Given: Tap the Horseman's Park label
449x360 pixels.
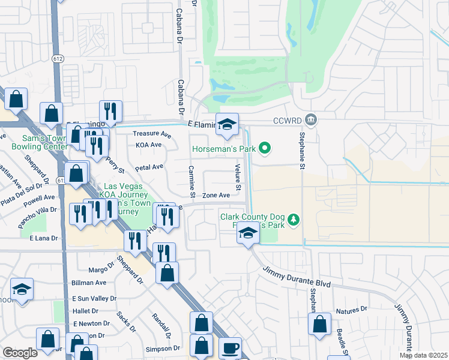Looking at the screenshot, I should [221, 149].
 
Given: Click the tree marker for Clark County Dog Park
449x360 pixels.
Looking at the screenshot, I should [294, 220].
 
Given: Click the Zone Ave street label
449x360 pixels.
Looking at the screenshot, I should [216, 196].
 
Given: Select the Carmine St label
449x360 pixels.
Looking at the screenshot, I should [192, 182].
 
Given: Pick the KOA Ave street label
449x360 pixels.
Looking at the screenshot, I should [149, 145].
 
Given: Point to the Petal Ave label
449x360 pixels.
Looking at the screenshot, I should [149, 167].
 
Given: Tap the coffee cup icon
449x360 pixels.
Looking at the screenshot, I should [230, 348].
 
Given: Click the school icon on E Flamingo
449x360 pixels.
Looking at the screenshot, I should [227, 124].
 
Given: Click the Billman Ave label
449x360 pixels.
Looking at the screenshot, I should [89, 283].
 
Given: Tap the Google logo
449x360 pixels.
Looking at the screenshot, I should [20, 353].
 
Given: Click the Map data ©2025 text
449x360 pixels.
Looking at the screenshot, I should [423, 355].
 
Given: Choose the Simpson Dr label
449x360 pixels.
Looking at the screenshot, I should [163, 348].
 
